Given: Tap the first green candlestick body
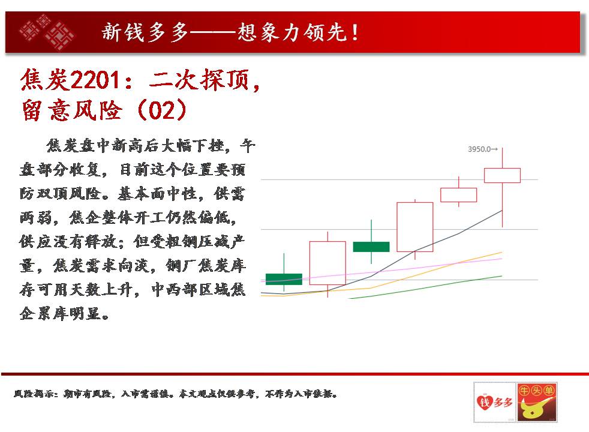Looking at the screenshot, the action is (x=284, y=279).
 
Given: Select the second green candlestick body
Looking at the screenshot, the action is (x=371, y=247).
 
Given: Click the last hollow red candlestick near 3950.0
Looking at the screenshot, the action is (x=502, y=175).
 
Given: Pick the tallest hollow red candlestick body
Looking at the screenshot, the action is (x=415, y=227).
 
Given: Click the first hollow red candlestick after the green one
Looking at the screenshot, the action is (x=327, y=263).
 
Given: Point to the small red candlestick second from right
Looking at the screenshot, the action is (x=459, y=195).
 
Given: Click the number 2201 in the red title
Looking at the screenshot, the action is (x=96, y=80).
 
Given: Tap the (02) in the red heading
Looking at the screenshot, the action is (x=162, y=110).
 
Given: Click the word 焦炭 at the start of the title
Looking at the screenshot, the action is (x=45, y=80).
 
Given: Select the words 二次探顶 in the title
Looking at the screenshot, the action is (x=200, y=80).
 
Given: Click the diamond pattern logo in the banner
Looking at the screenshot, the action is (x=47, y=32).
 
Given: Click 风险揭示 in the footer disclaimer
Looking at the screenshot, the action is (x=34, y=394).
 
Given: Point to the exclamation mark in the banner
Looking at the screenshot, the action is (x=354, y=32).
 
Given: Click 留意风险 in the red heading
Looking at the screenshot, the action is (x=72, y=110).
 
